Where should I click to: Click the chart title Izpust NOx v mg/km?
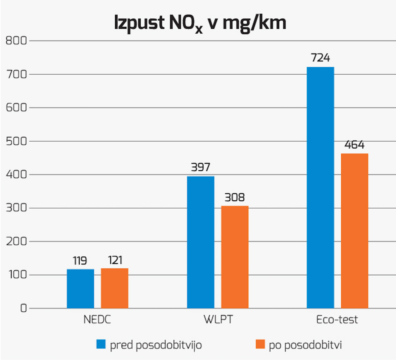200,23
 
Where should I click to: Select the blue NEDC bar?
80,288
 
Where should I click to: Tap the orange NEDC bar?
115,288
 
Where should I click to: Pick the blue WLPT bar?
201,242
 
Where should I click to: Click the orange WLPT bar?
235,257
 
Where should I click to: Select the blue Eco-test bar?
320,187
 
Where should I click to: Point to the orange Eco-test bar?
354,231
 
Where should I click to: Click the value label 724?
320,58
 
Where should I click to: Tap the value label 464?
354,145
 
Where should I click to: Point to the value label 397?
201,167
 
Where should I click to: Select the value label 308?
234,197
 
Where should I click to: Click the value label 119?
80,261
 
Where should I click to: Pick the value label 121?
115,260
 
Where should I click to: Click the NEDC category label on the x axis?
97,320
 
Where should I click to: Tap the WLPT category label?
218,320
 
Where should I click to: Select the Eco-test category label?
337,320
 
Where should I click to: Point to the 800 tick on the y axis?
16,41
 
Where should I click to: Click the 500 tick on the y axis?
16,141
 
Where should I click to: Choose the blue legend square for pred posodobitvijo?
101,344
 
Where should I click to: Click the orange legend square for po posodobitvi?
260,344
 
